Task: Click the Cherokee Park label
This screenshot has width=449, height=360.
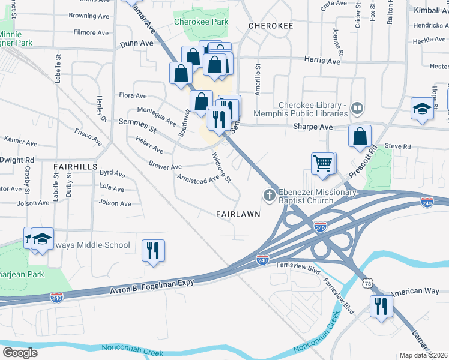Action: [201, 22]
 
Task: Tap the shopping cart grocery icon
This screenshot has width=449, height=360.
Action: [323, 163]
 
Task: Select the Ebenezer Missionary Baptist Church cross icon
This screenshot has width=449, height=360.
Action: [270, 195]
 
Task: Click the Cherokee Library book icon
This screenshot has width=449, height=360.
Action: [357, 109]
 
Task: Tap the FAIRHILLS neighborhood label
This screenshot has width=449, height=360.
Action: [75, 166]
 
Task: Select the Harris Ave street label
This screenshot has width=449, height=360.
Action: [322, 60]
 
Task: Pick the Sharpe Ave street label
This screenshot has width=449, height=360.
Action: [313, 127]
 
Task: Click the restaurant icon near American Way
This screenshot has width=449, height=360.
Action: [380, 305]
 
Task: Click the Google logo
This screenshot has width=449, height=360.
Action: [20, 352]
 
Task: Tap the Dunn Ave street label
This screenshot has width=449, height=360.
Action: [136, 44]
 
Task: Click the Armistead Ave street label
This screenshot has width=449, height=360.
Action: [198, 179]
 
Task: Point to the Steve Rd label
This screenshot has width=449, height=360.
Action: [397, 146]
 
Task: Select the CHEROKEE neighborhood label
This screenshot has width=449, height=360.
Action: [271, 26]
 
